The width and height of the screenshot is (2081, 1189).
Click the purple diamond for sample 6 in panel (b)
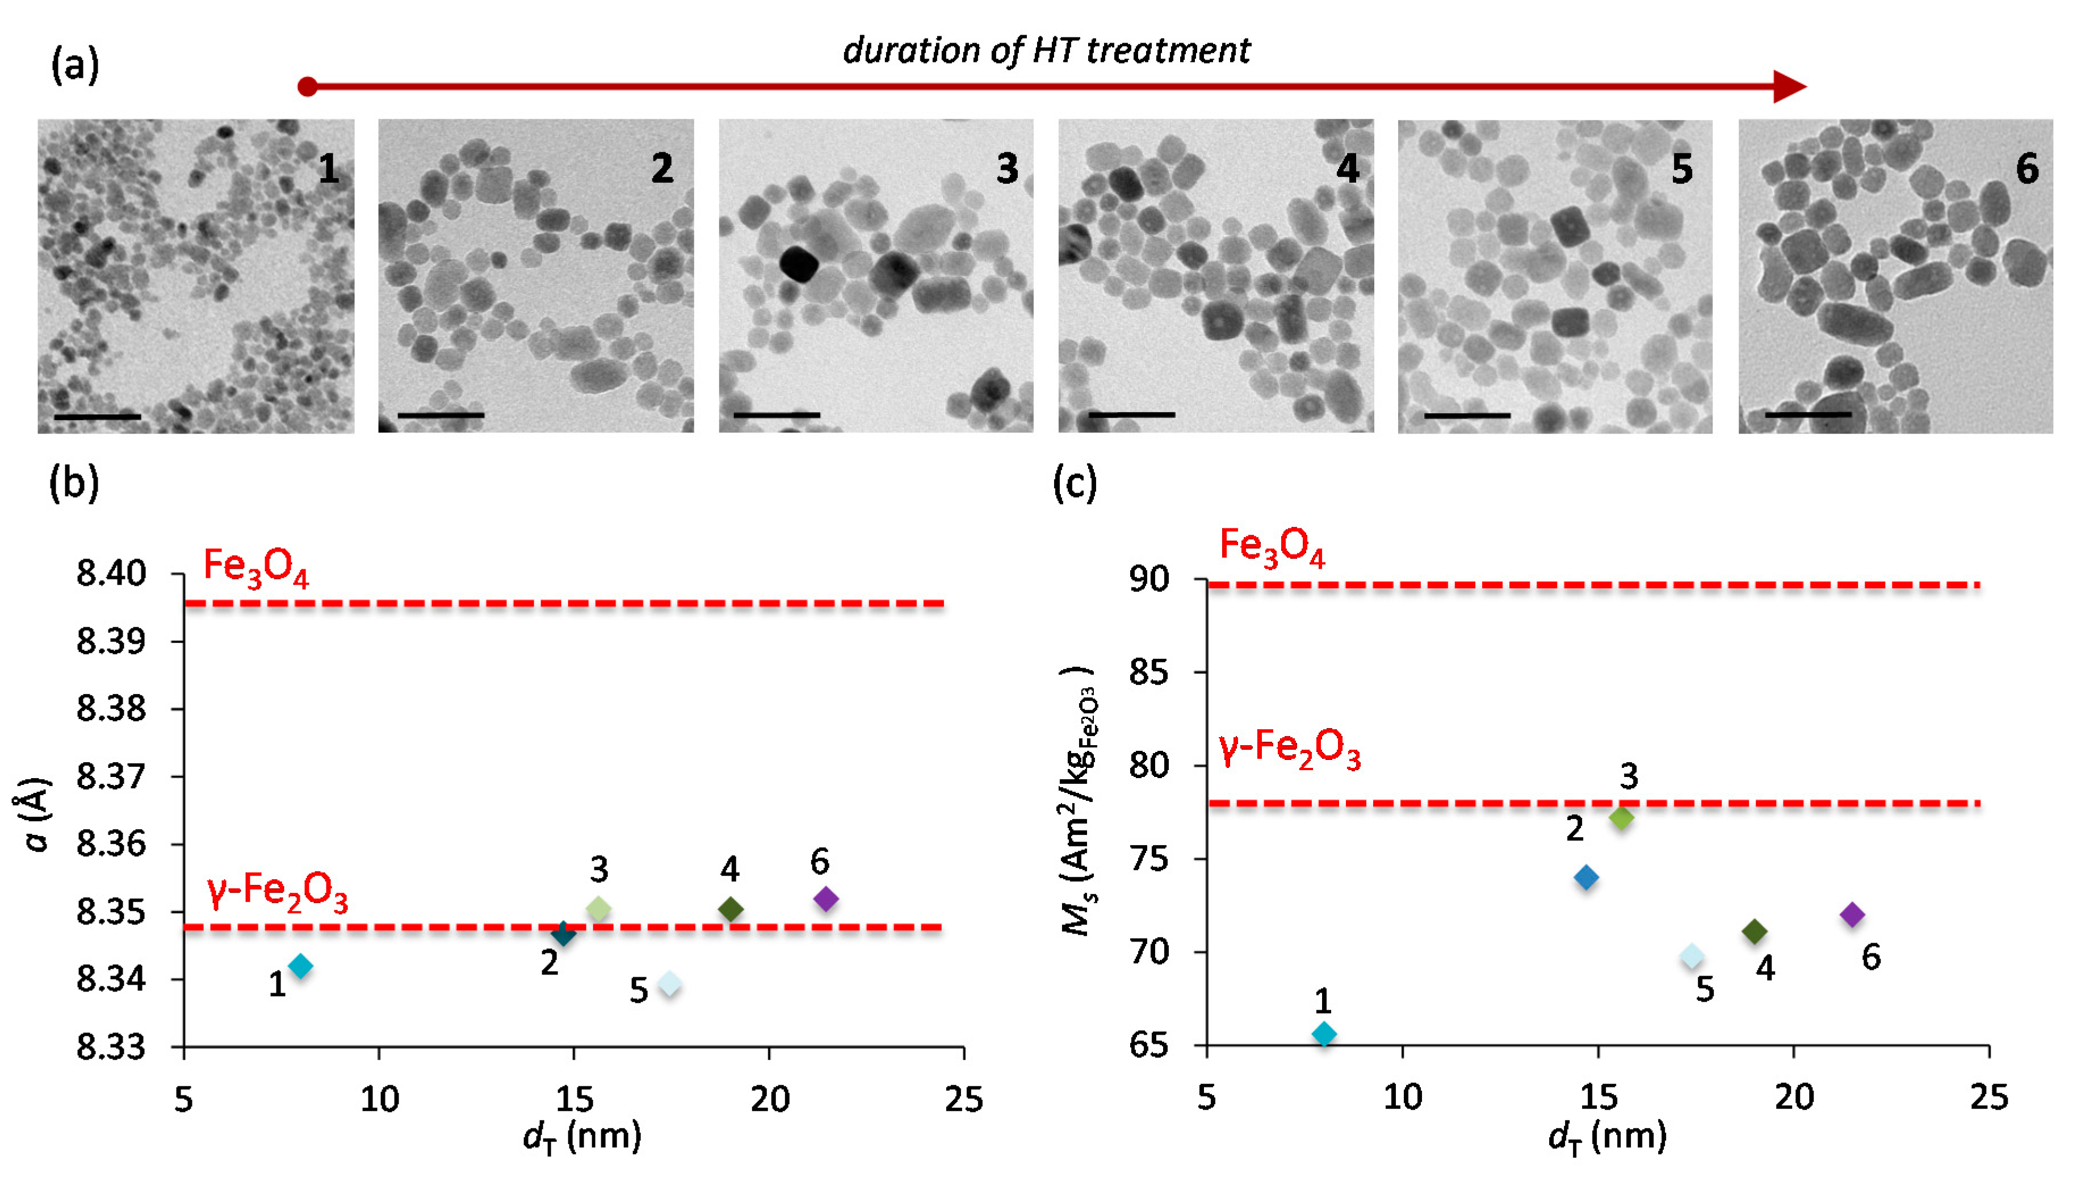pyautogui.click(x=826, y=899)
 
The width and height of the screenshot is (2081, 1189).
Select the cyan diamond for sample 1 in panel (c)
pyautogui.click(x=1324, y=1034)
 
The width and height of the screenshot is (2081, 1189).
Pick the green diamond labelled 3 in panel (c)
pyautogui.click(x=1621, y=817)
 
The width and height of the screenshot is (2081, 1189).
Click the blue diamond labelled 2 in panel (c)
pyautogui.click(x=1586, y=878)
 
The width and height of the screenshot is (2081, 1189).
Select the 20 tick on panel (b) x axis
pyautogui.click(x=769, y=1099)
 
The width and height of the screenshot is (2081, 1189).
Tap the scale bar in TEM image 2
pyautogui.click(x=441, y=415)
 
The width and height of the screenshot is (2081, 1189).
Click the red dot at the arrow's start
pyautogui.click(x=307, y=87)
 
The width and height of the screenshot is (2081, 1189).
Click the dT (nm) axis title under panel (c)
pyautogui.click(x=1606, y=1137)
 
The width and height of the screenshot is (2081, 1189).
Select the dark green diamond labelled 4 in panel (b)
pyautogui.click(x=730, y=909)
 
